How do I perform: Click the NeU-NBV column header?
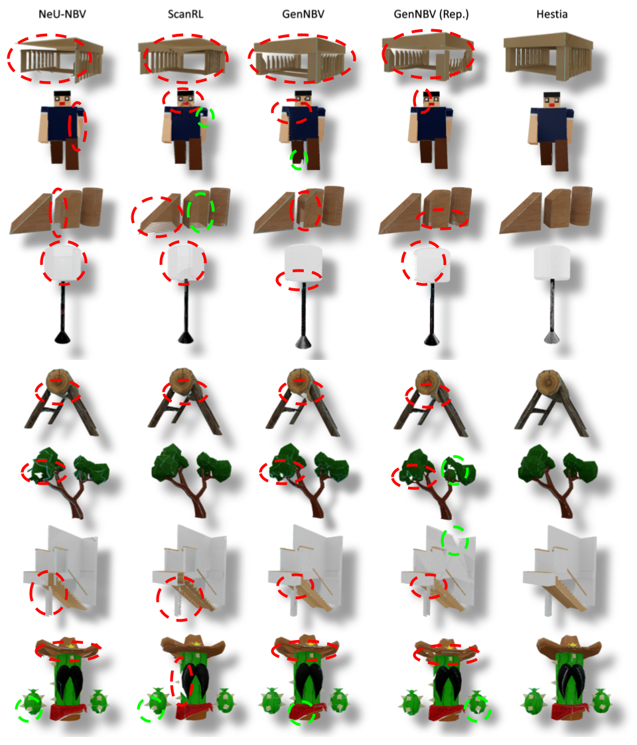[62, 14]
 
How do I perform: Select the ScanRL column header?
[185, 14]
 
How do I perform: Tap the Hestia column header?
[551, 14]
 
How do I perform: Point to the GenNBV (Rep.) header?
[431, 14]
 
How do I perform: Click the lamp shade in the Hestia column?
[552, 263]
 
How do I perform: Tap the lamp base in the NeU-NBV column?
[62, 337]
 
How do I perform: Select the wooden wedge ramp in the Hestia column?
[520, 214]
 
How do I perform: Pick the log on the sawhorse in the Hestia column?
[551, 383]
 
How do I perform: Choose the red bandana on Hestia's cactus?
[570, 712]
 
